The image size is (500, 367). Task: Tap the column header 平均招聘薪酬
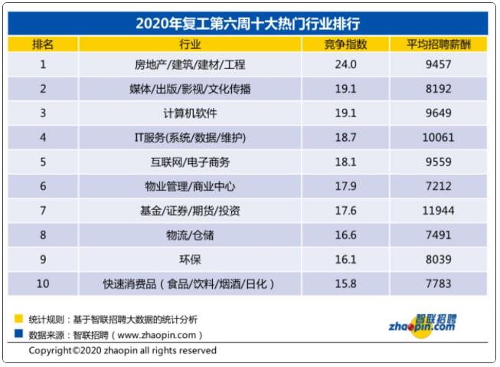click(439, 44)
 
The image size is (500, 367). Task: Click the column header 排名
click(43, 44)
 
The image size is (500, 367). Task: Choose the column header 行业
click(191, 44)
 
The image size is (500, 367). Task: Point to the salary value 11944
click(439, 211)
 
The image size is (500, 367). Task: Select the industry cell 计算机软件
click(191, 113)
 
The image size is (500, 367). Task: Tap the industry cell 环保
click(191, 260)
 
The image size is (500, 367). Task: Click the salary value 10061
click(439, 138)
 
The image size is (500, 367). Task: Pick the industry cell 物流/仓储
click(191, 235)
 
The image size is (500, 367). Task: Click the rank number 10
click(43, 284)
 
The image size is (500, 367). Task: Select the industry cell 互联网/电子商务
click(191, 162)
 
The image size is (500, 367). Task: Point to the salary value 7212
click(439, 186)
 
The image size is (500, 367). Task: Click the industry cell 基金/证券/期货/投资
click(191, 211)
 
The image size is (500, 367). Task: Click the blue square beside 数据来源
click(18, 333)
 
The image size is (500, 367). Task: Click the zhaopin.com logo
click(433, 323)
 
